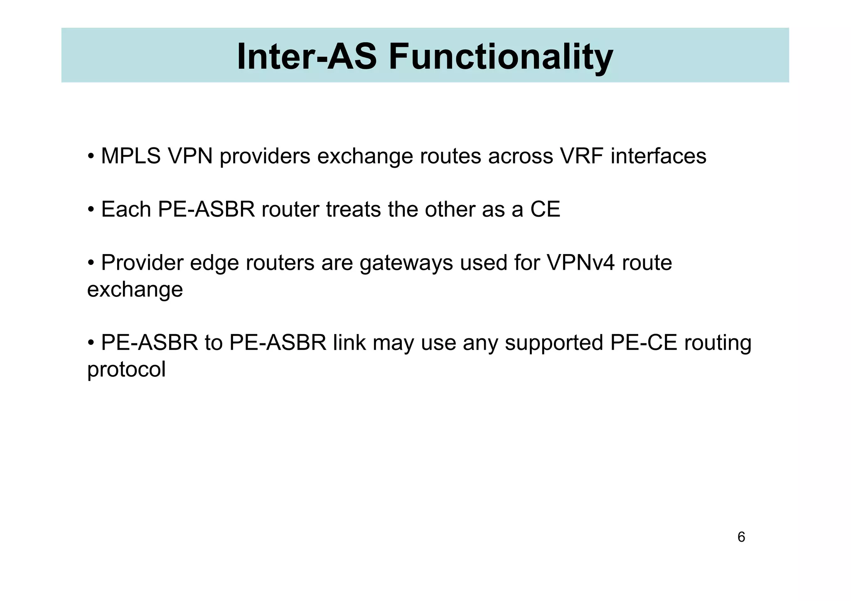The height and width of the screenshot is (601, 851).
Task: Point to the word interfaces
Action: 658,156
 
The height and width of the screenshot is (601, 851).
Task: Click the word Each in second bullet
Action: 126,210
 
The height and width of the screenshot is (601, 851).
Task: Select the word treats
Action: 353,210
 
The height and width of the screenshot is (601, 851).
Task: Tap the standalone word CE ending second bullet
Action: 545,210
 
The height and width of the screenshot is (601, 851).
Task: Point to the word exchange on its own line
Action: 135,290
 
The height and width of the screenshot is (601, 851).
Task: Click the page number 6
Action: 741,537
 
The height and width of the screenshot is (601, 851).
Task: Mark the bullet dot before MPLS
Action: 91,157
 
